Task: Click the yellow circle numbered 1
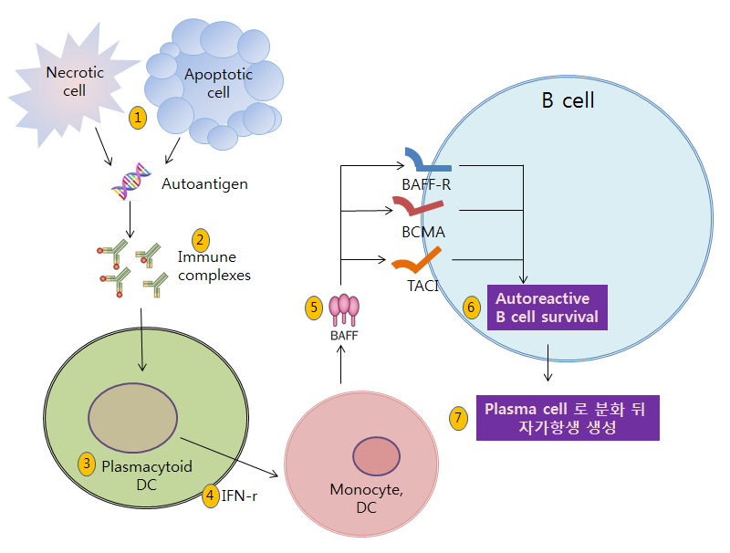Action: pyautogui.click(x=138, y=117)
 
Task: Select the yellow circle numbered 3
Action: pyautogui.click(x=88, y=463)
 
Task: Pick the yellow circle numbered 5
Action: pyautogui.click(x=313, y=308)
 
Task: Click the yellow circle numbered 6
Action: pyautogui.click(x=471, y=308)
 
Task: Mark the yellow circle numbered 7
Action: pyautogui.click(x=459, y=417)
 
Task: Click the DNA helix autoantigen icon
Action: pyautogui.click(x=131, y=181)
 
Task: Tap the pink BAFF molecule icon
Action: pyautogui.click(x=344, y=310)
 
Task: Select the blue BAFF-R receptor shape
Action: pyautogui.click(x=427, y=162)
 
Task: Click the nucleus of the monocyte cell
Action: pyautogui.click(x=377, y=456)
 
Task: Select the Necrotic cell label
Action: pyautogui.click(x=75, y=82)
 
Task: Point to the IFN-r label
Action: pyautogui.click(x=241, y=496)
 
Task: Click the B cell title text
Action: pyautogui.click(x=568, y=99)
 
